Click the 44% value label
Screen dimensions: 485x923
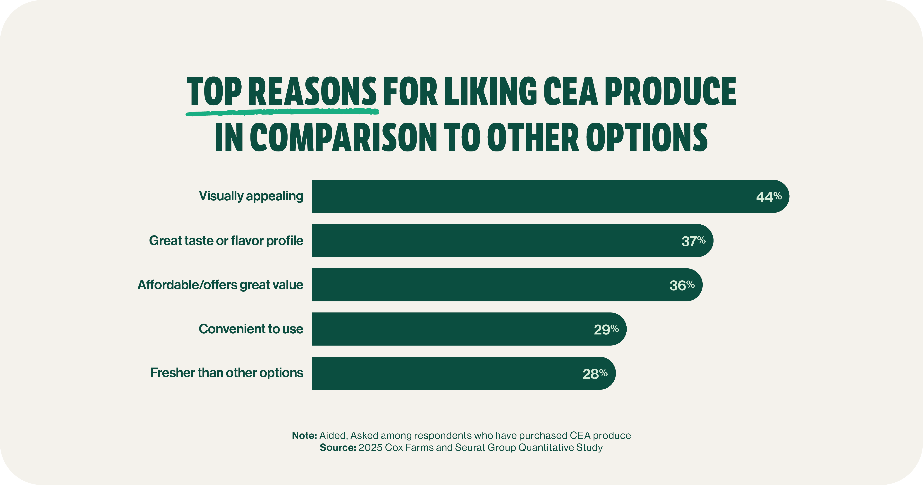click(x=769, y=197)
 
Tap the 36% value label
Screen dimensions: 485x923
click(x=682, y=285)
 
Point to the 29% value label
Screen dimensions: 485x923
click(x=606, y=329)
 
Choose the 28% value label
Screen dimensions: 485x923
click(x=595, y=373)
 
